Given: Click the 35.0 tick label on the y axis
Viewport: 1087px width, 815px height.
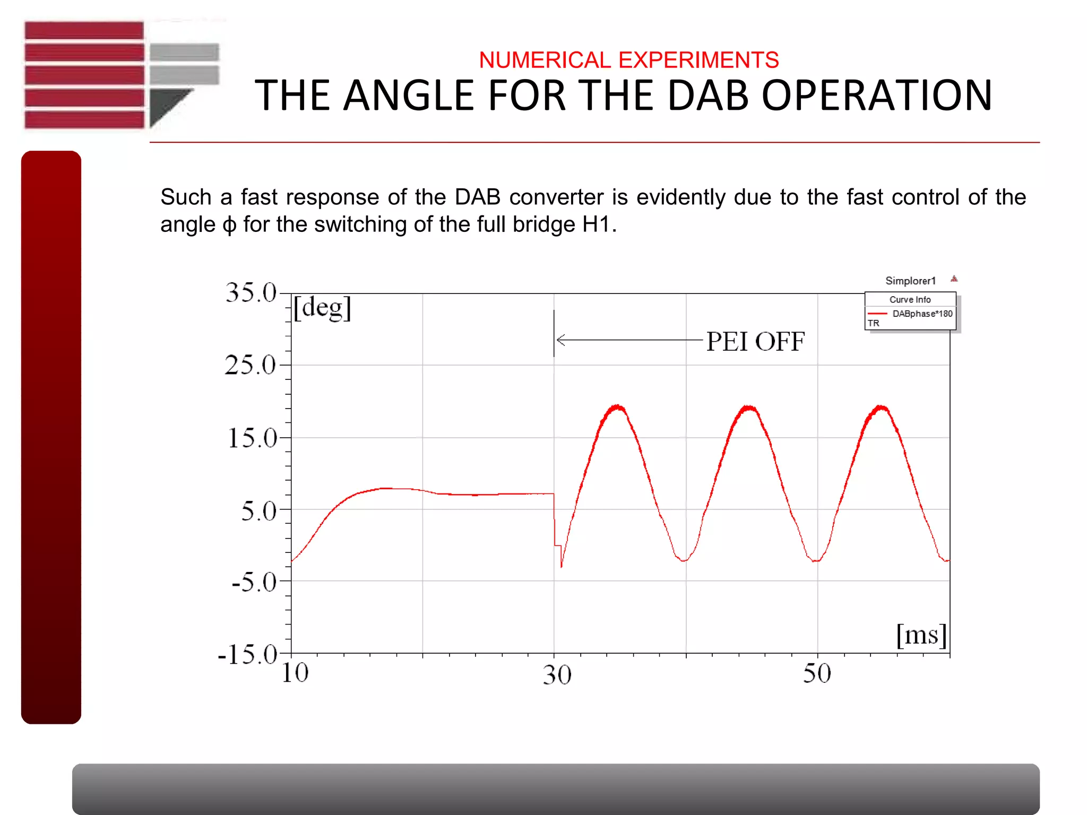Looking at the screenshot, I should [251, 292].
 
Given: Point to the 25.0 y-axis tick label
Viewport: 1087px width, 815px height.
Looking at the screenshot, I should [250, 365].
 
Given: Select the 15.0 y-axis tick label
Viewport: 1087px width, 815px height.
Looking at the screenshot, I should [252, 438].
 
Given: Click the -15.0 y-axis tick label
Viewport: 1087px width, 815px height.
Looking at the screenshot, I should [247, 655].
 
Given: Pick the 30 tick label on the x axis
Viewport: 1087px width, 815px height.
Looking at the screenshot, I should [557, 675].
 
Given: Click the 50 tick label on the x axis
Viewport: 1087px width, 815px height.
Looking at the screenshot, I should [817, 674].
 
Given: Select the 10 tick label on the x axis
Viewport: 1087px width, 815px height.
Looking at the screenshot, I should [295, 673].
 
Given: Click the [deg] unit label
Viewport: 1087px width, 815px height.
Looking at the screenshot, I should [322, 308].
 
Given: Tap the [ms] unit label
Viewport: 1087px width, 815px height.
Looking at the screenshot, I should [921, 635].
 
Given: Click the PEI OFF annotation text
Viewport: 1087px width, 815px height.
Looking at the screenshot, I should [755, 341].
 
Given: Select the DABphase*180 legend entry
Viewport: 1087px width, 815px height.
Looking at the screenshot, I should [922, 314].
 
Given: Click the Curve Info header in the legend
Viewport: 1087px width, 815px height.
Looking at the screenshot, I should [910, 300].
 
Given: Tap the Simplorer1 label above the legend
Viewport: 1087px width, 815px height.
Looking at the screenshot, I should [910, 281].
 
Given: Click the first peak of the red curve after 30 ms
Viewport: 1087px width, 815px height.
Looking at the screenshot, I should [617, 407].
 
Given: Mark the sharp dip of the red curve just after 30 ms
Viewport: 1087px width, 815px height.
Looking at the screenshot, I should [561, 566].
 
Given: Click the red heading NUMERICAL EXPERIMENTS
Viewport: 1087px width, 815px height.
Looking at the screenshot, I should [628, 60].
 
